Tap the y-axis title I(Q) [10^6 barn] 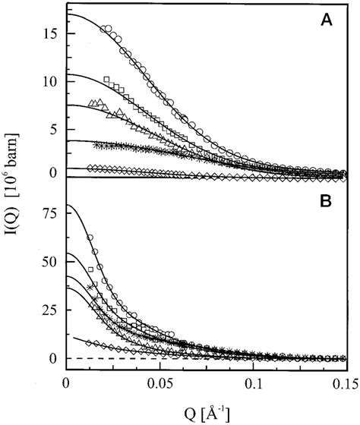[x=17, y=196]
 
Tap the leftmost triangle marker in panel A [x=93, y=102]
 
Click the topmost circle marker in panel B [x=90, y=238]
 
